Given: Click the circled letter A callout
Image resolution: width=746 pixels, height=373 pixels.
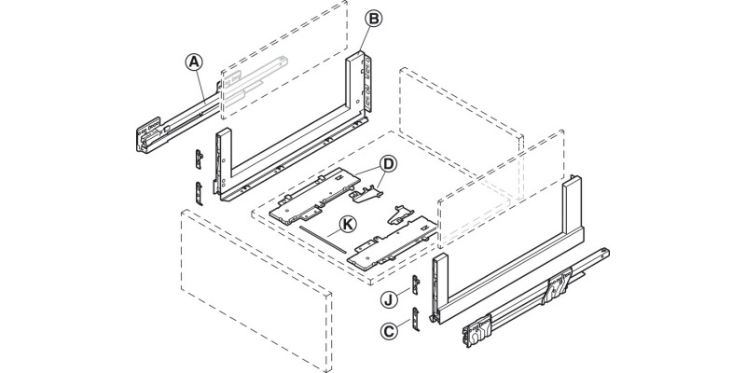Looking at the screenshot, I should (193, 62).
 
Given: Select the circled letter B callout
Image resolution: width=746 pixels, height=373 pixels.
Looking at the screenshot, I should (372, 18).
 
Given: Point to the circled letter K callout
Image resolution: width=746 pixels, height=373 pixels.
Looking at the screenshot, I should (346, 224).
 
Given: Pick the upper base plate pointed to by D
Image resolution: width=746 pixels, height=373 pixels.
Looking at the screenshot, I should (317, 191).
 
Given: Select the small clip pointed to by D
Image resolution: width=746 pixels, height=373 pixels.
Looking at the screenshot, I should (368, 191).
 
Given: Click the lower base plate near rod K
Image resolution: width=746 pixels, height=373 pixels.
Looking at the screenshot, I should (392, 245).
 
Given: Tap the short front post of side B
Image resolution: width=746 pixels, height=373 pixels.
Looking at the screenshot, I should (223, 163).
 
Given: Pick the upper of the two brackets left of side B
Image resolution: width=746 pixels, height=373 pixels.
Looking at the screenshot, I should (199, 158).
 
